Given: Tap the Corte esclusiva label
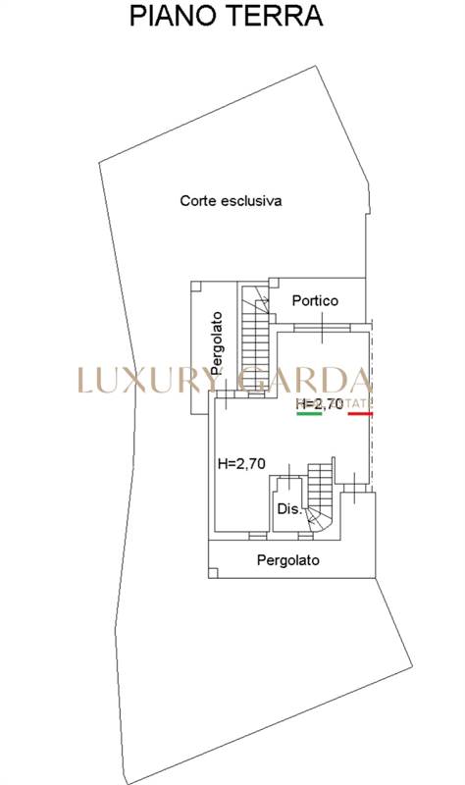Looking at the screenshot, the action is coord(231,201).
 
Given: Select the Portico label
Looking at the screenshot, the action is coord(315,300).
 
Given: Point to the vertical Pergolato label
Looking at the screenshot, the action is coord(216,343).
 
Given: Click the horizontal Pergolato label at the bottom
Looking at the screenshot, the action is coord(287,560).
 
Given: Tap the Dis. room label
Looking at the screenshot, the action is coord(289,509).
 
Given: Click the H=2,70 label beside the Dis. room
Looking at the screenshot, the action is coord(241,464).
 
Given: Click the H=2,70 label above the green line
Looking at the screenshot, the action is coord(320,403).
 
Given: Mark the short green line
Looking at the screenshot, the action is coord(309,414).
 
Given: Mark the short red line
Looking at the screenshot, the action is coord(360,414).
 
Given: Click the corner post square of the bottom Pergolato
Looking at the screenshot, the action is coord(213,573).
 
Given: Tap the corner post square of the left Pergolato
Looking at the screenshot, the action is coord(196,286).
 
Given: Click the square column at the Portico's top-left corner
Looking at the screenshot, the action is coord(274,283).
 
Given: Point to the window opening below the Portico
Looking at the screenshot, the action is coord(322,328).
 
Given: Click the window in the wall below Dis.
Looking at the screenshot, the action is coord(306,536).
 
